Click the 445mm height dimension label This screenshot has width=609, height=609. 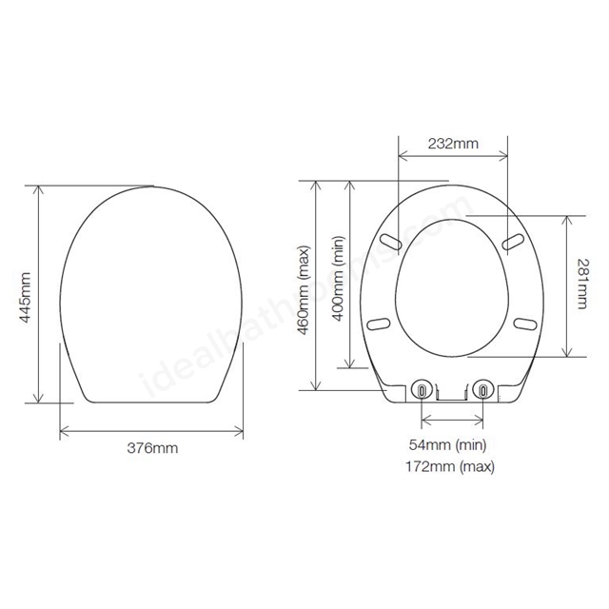(x=26, y=298)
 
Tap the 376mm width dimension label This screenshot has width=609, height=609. (x=152, y=448)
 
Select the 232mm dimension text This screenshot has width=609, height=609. (x=453, y=144)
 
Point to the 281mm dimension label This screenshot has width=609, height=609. (x=581, y=284)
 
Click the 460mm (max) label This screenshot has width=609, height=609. (x=303, y=289)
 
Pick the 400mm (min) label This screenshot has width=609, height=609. (x=339, y=279)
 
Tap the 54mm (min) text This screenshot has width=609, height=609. (x=447, y=444)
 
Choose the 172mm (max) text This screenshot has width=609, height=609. (x=450, y=466)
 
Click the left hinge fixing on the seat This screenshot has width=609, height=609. (x=422, y=389)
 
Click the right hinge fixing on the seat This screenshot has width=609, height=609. (x=482, y=389)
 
